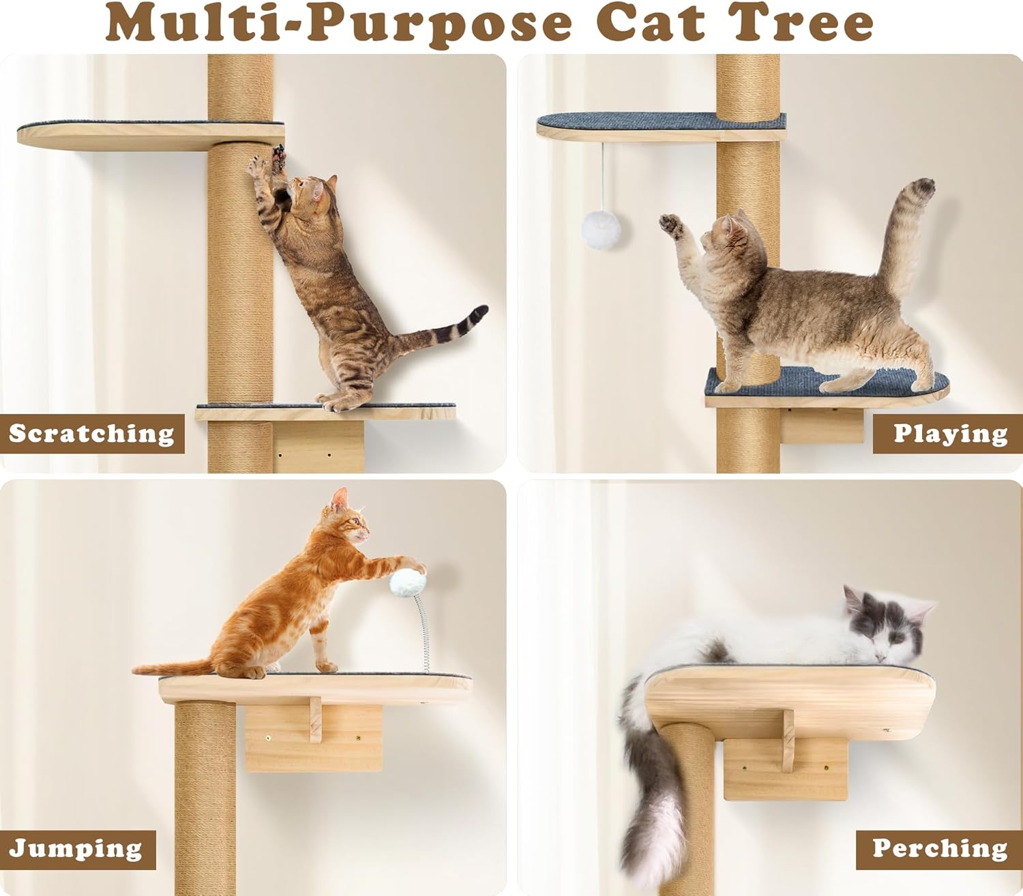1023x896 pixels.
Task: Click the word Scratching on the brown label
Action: click(x=91, y=434)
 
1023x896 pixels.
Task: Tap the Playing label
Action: click(x=950, y=434)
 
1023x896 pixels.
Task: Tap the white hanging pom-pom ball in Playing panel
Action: click(x=601, y=230)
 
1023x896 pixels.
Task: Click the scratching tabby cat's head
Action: click(x=312, y=192)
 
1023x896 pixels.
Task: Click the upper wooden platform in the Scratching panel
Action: click(x=151, y=135)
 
